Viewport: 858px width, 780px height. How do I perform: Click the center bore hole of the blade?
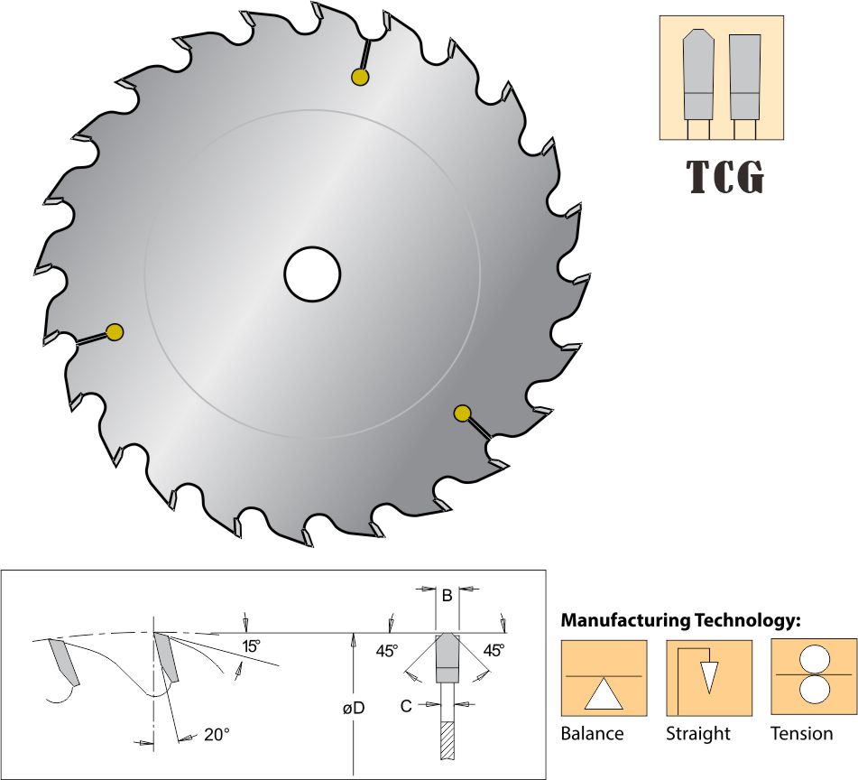coord(312,274)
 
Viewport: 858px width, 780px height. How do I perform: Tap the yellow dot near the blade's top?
coord(359,77)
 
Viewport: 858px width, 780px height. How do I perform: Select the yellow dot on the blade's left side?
coord(115,331)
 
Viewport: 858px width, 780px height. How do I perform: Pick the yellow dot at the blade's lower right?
coord(462,413)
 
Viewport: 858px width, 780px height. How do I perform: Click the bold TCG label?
coord(725,176)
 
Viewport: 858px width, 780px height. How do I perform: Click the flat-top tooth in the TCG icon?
coord(744,77)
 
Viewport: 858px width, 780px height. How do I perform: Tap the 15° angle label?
coord(251,646)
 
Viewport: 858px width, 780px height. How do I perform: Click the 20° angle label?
coord(217,734)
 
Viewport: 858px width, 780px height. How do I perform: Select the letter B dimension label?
coord(447,596)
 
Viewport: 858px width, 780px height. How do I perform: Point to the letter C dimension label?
coord(405,706)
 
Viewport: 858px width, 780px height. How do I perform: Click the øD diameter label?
coord(354,709)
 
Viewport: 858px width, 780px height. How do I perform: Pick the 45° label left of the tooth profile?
coord(387,651)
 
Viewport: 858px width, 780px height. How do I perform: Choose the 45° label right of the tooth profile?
coord(494,650)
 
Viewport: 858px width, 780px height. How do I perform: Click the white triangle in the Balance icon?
coord(603,694)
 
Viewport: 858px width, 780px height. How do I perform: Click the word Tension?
coord(802,733)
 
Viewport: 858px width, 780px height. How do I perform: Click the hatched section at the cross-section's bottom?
coord(447,740)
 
